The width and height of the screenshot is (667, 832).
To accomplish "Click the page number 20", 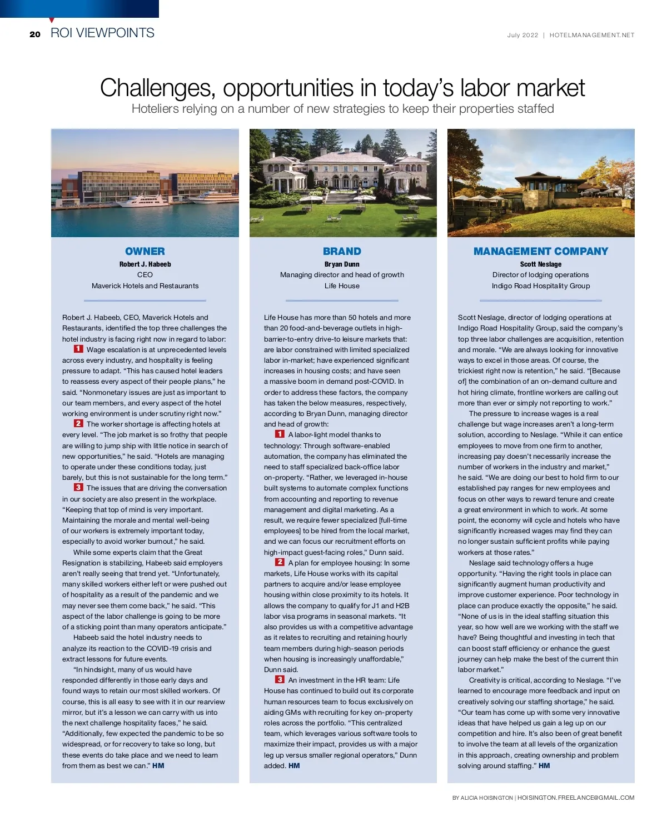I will point(35,34).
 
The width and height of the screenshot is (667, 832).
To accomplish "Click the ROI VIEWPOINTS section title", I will point(102,33).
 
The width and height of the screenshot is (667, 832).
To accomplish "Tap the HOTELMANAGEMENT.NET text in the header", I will point(591,35).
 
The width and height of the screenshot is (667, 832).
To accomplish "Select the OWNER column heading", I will point(145,251).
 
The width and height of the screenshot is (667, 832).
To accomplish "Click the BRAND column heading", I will point(342,251).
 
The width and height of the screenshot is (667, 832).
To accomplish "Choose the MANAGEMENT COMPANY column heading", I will point(540,251).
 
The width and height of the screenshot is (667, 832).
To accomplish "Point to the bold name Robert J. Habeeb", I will point(145,264).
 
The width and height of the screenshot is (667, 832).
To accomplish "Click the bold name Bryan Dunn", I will point(342,264).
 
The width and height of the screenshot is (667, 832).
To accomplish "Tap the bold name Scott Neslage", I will point(540,264).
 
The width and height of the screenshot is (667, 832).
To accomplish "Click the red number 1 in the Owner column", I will point(78,349).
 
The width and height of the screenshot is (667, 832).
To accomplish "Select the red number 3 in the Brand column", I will point(280,679).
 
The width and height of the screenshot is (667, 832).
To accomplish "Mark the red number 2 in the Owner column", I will point(78,423).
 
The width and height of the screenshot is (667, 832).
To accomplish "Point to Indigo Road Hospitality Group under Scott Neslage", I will point(540,285).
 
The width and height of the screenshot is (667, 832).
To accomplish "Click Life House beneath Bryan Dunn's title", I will point(342,285).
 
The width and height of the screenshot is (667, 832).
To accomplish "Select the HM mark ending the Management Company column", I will point(544,765).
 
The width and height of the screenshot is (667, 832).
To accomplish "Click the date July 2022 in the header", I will point(522,35).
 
